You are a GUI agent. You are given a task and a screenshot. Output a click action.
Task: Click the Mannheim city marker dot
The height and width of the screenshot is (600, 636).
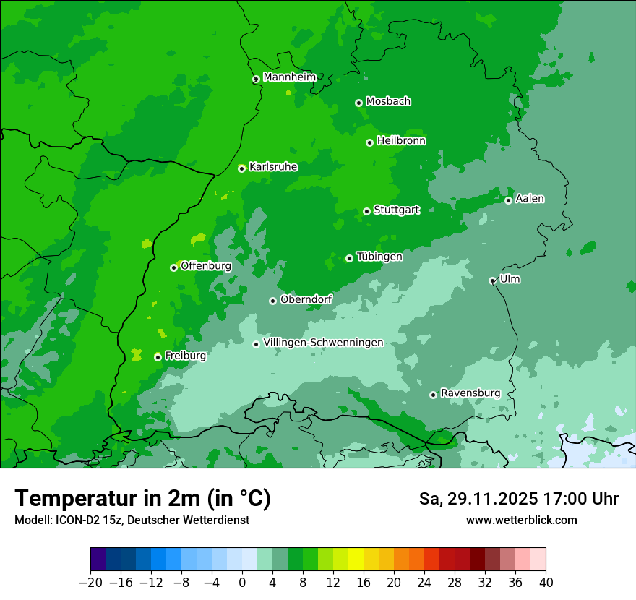click(256, 80)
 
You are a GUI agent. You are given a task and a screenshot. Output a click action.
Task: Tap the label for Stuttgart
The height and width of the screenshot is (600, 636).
click(396, 210)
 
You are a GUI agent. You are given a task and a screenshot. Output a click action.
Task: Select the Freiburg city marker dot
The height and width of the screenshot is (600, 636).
click(158, 357)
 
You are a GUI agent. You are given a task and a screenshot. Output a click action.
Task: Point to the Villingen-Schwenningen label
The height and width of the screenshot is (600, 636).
click(323, 343)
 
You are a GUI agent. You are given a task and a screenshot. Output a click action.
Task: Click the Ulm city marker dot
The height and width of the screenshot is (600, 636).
click(492, 280)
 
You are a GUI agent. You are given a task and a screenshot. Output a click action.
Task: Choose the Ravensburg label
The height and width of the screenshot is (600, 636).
click(470, 393)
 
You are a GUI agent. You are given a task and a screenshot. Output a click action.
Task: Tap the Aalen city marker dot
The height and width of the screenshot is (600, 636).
click(508, 200)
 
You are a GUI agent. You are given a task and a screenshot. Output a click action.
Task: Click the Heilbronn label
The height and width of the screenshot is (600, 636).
click(401, 141)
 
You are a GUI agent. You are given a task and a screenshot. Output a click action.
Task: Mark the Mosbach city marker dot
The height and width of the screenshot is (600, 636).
click(358, 103)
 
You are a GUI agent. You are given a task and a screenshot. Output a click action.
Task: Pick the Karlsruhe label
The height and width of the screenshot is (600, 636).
click(273, 167)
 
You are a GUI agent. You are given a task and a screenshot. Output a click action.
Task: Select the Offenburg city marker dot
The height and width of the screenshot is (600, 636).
click(173, 267)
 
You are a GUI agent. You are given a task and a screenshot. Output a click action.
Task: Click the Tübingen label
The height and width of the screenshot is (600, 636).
click(379, 257)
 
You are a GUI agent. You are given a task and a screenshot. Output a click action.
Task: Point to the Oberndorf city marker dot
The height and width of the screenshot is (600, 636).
click(272, 301)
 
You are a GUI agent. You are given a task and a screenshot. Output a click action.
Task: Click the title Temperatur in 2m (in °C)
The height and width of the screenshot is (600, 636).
click(142, 499)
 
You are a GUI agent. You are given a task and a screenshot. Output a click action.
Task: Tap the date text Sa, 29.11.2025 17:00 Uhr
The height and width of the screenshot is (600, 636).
click(518, 499)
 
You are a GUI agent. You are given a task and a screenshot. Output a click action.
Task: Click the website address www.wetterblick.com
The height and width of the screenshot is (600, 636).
click(521, 520)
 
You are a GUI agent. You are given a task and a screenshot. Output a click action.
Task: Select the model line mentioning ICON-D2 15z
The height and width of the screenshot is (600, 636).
click(132, 520)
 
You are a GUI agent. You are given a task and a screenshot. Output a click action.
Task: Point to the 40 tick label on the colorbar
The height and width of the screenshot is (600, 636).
click(546, 583)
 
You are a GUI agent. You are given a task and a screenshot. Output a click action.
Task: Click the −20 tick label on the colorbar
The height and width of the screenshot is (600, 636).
click(90, 583)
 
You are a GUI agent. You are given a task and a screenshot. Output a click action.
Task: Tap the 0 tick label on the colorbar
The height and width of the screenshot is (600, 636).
click(242, 583)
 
